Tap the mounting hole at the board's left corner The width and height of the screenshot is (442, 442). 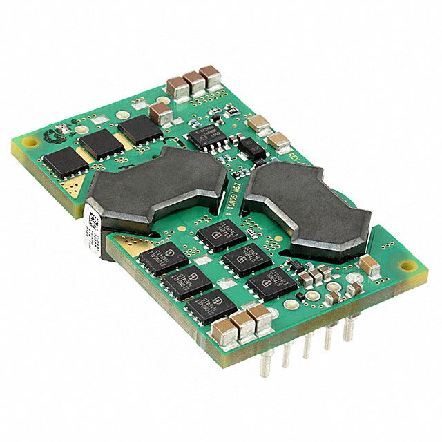30,142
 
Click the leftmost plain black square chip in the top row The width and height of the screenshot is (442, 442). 63,162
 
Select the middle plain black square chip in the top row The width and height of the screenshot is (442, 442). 101,144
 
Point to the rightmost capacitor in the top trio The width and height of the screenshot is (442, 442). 209,74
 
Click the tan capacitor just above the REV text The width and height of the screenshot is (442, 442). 279,141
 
